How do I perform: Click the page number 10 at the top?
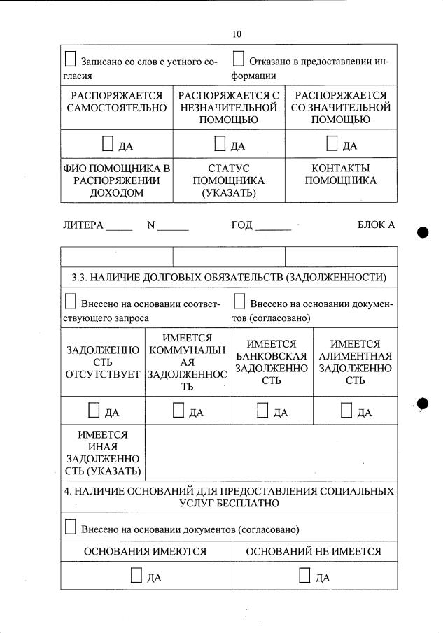[x=237, y=34]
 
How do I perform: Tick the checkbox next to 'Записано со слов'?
[x=71, y=59]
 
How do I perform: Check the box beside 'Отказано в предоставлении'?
[x=239, y=59]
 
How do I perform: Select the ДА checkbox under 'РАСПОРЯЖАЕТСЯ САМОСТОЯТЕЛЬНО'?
[x=108, y=144]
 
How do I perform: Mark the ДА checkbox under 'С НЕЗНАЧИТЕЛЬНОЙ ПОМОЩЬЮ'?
[x=220, y=144]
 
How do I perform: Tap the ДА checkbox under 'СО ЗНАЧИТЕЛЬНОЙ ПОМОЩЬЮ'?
[x=332, y=144]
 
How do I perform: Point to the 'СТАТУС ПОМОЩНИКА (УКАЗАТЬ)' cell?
[x=229, y=180]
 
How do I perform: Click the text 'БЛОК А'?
[x=376, y=225]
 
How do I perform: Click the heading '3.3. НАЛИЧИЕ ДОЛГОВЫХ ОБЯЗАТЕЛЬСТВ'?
[x=229, y=277]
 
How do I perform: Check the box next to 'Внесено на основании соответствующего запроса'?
[x=71, y=302]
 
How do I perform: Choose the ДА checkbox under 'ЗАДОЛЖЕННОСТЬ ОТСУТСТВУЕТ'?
[x=94, y=411]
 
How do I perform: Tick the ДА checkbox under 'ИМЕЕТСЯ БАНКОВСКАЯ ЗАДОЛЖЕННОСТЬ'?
[x=262, y=411]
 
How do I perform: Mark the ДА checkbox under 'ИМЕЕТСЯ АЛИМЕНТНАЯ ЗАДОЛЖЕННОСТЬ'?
[x=346, y=411]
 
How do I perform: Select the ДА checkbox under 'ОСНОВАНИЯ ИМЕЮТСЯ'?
[x=136, y=576]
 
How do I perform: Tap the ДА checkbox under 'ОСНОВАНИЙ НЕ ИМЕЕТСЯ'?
[x=304, y=576]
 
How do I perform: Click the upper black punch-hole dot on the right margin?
[x=423, y=233]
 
